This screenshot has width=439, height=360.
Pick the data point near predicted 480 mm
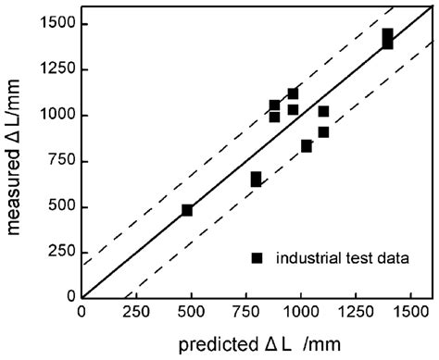click(187, 210)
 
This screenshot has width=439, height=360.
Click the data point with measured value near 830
click(307, 146)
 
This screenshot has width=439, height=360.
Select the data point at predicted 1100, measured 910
click(323, 131)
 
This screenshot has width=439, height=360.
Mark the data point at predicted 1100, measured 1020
click(323, 112)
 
